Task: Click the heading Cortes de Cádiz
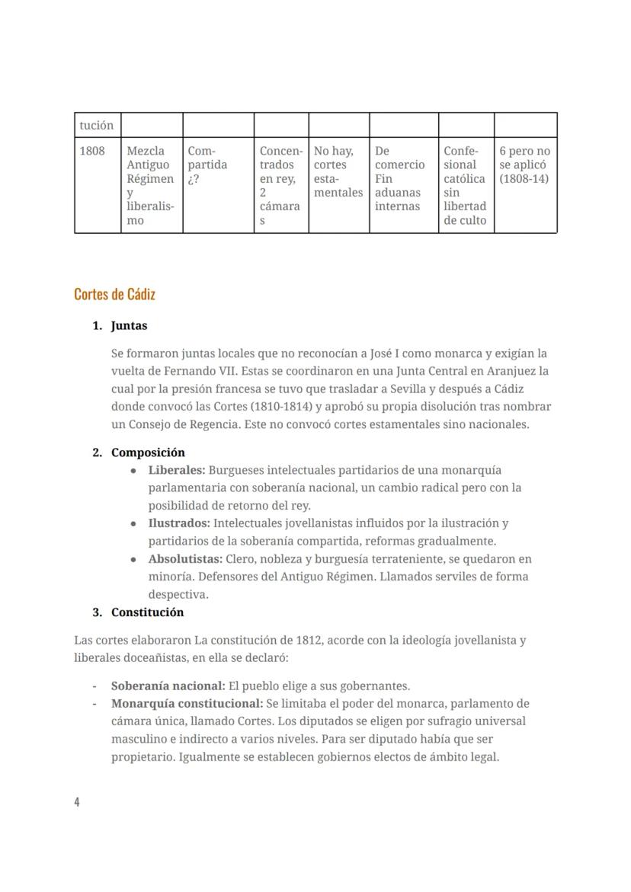(115, 294)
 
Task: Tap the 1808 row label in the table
(92, 151)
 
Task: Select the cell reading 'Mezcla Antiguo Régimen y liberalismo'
(151, 185)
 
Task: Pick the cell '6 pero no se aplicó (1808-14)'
(524, 165)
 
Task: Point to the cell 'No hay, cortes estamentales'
(338, 171)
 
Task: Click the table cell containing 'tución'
(97, 125)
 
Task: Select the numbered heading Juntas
(129, 325)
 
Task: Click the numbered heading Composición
(148, 452)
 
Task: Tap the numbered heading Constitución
(147, 612)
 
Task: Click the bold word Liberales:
(177, 470)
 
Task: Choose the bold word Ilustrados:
(179, 523)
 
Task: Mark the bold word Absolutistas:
(185, 559)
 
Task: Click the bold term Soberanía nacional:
(168, 686)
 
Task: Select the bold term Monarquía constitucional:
(187, 703)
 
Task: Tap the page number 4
(77, 801)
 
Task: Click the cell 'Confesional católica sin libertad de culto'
(465, 185)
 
